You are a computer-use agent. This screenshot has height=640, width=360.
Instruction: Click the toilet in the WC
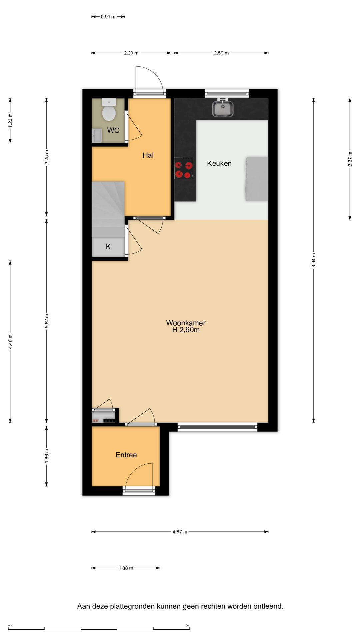point(109,110)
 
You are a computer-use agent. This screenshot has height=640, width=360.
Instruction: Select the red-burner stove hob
point(184,168)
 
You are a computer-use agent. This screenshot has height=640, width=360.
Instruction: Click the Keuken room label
point(219,163)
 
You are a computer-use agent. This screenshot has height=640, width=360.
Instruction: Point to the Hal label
point(148,155)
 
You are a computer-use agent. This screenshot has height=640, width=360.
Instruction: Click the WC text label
point(113,130)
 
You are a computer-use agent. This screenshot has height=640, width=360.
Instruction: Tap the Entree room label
point(126,455)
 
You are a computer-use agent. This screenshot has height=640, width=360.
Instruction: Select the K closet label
point(108,247)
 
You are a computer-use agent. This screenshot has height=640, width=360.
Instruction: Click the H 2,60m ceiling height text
point(186,330)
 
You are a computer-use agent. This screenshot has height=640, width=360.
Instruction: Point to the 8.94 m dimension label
point(313,260)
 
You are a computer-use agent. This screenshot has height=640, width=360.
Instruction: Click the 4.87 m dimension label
point(180,532)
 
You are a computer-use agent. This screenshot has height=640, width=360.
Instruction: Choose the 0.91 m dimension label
point(108,17)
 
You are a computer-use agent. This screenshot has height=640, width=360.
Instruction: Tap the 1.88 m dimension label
point(126,568)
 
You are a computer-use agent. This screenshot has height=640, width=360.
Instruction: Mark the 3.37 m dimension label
point(350,159)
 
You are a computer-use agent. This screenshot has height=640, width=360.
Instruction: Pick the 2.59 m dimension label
point(221,53)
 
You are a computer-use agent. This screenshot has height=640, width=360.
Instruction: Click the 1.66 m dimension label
point(47,455)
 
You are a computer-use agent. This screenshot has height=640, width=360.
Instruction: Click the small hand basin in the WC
point(97,136)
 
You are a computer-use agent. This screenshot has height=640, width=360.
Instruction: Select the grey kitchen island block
point(257,179)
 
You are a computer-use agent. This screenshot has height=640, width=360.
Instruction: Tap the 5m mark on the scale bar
point(188,626)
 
